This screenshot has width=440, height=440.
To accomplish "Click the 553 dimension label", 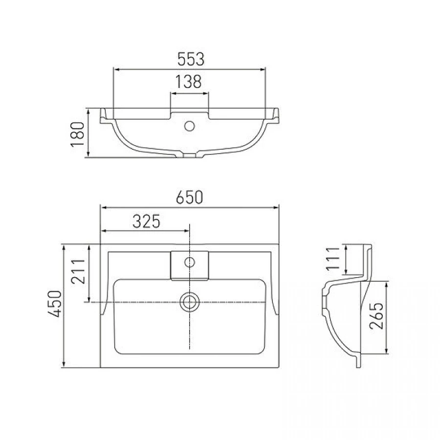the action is (x=191, y=59).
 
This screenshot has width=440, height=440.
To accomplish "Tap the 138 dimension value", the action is (x=189, y=82).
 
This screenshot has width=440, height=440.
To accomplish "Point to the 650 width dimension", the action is (x=189, y=197).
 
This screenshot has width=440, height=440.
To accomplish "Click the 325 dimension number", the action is (x=146, y=221).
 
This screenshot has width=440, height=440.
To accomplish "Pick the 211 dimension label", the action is (x=78, y=271).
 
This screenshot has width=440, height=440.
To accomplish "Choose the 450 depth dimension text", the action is (x=54, y=304).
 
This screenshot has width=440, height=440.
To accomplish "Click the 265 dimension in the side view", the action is (x=376, y=316).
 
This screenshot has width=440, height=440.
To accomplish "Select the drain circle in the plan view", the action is (x=189, y=302).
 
